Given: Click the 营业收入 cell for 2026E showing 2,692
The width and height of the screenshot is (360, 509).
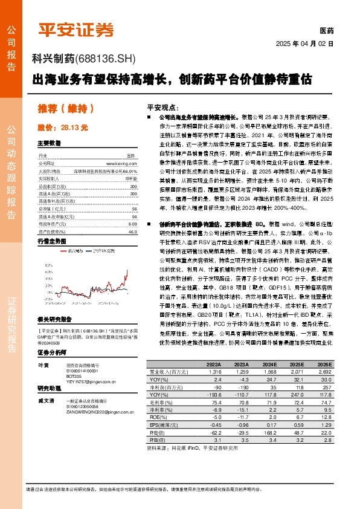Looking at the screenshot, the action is (324, 373).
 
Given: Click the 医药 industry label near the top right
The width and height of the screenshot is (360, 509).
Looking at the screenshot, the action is (326, 31).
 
